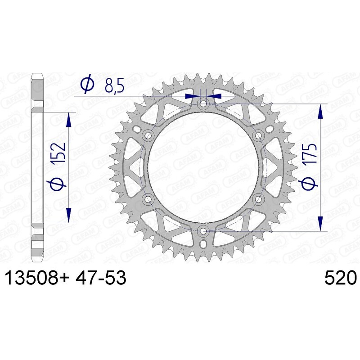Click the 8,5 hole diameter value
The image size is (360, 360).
pyautogui.click(x=114, y=85)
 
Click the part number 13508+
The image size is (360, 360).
pyautogui.click(x=36, y=279)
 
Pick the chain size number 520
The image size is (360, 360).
pyautogui.click(x=340, y=279)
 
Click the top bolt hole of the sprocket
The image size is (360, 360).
pyautogui.click(x=203, y=104)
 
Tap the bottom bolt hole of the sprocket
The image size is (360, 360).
pyautogui.click(x=203, y=231)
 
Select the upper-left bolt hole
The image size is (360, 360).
pyautogui.click(x=148, y=135)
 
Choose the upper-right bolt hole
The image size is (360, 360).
pyautogui.click(x=258, y=135)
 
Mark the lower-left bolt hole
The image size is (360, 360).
pyautogui.click(x=148, y=199)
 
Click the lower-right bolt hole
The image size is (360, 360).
pyautogui.click(x=258, y=199)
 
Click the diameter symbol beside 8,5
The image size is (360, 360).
pyautogui.click(x=87, y=85)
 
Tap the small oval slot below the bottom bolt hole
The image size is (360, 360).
pyautogui.click(x=203, y=244)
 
